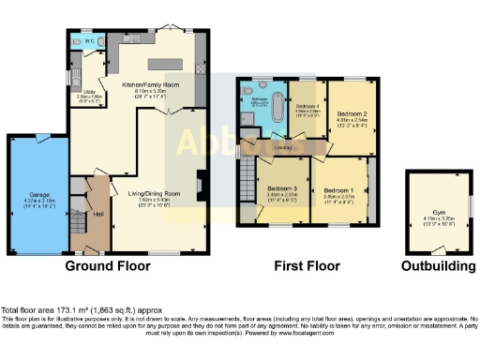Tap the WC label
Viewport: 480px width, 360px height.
(88, 41)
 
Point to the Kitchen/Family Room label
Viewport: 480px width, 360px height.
(149, 83)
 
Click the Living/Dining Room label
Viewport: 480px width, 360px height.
(148, 194)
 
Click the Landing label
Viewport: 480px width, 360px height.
(284, 146)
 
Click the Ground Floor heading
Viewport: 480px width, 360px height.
(108, 266)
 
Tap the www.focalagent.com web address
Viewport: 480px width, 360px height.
(332, 332)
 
